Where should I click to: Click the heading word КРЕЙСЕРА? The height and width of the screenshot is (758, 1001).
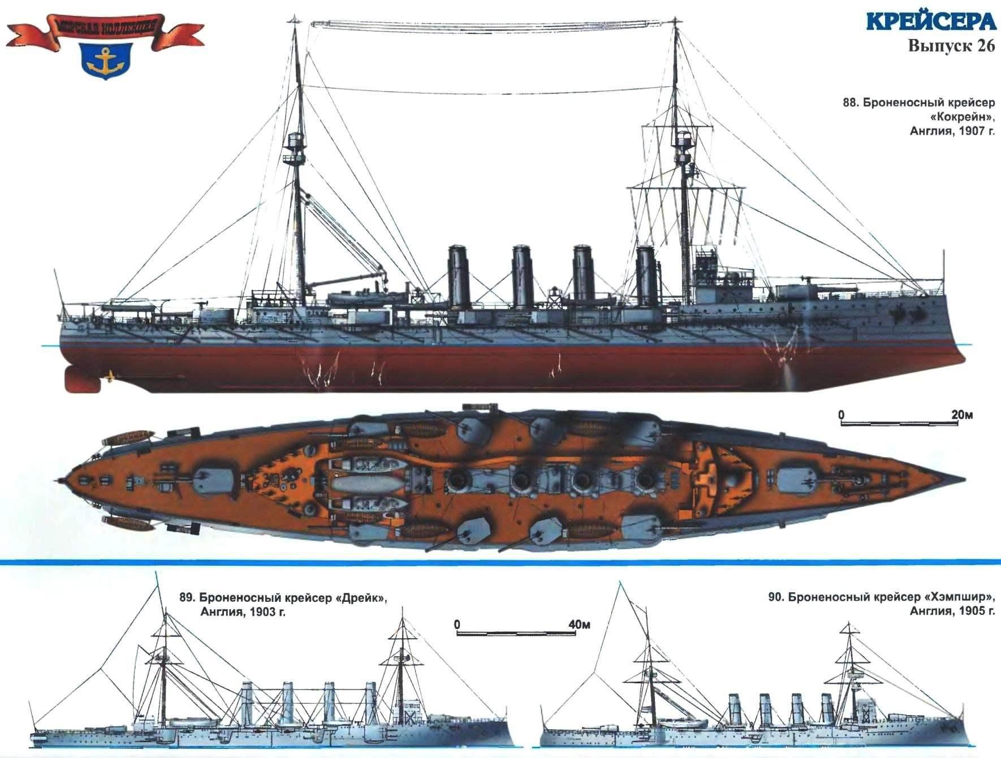click(x=930, y=22)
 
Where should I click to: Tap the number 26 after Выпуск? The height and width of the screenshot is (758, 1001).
click(x=984, y=46)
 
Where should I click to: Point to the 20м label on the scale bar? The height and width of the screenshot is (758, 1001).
click(x=962, y=415)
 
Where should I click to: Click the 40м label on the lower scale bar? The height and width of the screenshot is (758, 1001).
click(x=580, y=625)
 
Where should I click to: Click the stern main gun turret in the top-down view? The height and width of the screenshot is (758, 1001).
click(x=214, y=480)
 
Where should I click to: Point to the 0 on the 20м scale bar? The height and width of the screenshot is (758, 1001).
click(x=841, y=415)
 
